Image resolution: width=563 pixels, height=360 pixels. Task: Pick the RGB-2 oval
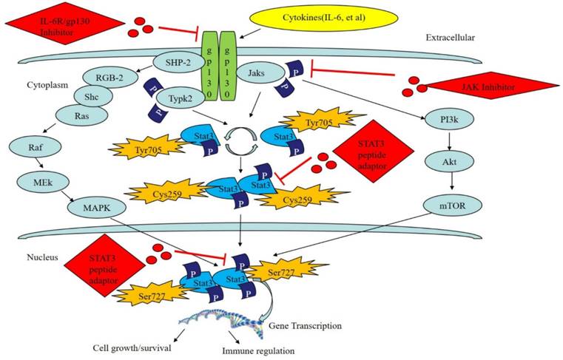[112, 76]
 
